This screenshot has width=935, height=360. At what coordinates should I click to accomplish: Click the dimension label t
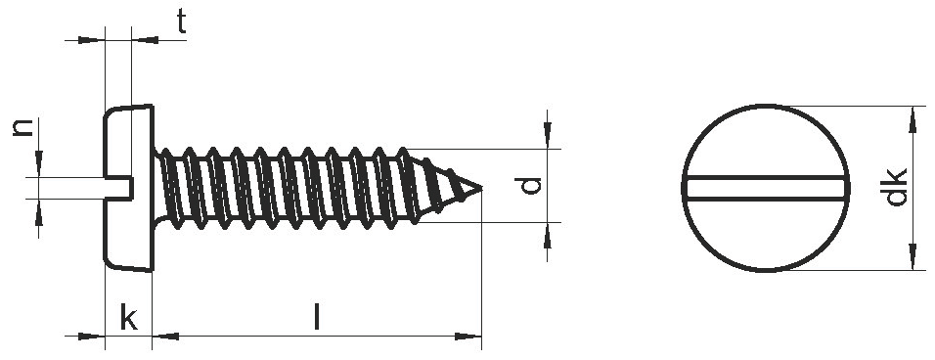[181, 22]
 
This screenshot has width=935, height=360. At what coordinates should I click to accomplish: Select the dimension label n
[23, 127]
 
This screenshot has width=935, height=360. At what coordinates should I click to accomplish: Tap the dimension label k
[129, 317]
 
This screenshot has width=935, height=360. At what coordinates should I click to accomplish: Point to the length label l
[317, 317]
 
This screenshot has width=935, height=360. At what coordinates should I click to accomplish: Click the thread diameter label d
[530, 186]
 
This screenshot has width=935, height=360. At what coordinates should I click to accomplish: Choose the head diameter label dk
[896, 187]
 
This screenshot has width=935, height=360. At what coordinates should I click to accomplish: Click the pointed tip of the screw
[480, 188]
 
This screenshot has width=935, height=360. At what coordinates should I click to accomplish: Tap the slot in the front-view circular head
[765, 188]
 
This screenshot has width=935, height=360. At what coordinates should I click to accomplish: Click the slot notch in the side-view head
[118, 187]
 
